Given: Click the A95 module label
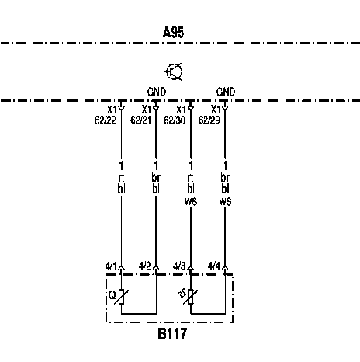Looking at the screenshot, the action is pos(174,32).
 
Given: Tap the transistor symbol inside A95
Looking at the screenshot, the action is pos(174,71).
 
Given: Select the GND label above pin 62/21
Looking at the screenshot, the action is pos(157,92).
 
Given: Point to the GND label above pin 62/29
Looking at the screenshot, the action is pos(226,92).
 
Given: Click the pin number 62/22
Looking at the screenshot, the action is pos(106,120).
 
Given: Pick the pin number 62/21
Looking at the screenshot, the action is pos(140,120).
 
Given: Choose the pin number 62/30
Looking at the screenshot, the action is pos(175,120).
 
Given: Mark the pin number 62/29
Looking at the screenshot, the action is pos(209,120).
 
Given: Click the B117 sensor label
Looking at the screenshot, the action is pos(172,334).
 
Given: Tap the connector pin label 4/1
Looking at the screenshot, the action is pos(111,266).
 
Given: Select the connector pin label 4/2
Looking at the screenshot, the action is pos(144,266).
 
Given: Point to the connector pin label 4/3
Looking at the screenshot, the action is pos(179,266).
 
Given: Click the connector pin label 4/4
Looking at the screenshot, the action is pos(214,266).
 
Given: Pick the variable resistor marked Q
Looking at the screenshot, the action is pos(121,297).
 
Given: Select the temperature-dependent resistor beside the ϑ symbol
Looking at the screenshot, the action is pos(191,297).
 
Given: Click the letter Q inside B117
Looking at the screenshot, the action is pos(112,295).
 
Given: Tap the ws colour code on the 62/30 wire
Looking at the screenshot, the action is pos(191,201).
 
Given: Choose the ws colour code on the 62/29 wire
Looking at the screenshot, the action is pos(225,201).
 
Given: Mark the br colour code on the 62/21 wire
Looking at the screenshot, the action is pos(156,178).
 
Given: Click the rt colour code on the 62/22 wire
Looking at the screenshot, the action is pos(121,178).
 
